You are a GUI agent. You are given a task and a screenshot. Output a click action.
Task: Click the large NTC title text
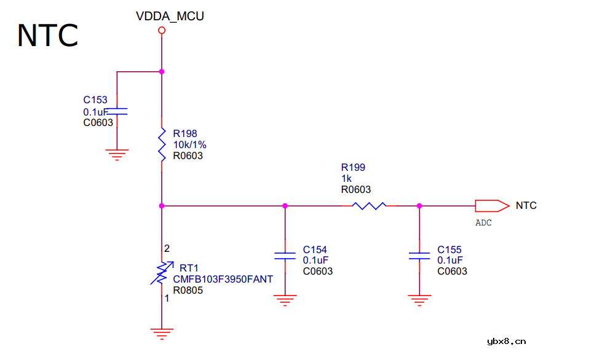(47, 36)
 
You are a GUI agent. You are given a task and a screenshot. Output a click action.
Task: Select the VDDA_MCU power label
(170, 17)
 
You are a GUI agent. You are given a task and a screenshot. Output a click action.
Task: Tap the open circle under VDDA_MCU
(162, 30)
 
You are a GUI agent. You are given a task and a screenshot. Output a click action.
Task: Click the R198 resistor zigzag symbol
(162, 145)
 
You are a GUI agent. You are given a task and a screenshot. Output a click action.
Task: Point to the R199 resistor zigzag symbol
(370, 206)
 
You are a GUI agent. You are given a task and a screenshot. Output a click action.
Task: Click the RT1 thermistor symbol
(162, 273)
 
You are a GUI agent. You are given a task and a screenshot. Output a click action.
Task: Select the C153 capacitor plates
(117, 111)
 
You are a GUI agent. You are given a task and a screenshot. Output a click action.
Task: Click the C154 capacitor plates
(285, 256)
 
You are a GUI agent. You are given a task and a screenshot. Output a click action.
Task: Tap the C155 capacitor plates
(419, 256)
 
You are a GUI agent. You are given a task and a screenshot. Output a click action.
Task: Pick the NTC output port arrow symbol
(492, 206)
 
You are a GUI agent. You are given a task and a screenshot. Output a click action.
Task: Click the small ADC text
(484, 223)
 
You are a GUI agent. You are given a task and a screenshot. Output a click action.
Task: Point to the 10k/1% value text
(189, 144)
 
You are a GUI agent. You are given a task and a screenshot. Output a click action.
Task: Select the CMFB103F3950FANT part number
(223, 279)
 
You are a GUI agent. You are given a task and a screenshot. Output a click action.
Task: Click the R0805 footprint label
(188, 290)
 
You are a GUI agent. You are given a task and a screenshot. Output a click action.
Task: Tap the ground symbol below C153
(117, 153)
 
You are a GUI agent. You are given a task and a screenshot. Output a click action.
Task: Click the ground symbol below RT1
(162, 334)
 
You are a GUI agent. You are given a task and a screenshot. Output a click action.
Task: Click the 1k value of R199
(346, 178)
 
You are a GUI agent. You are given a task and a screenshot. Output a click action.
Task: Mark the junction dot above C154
(285, 206)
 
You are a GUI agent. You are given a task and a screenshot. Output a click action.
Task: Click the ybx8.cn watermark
(506, 342)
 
